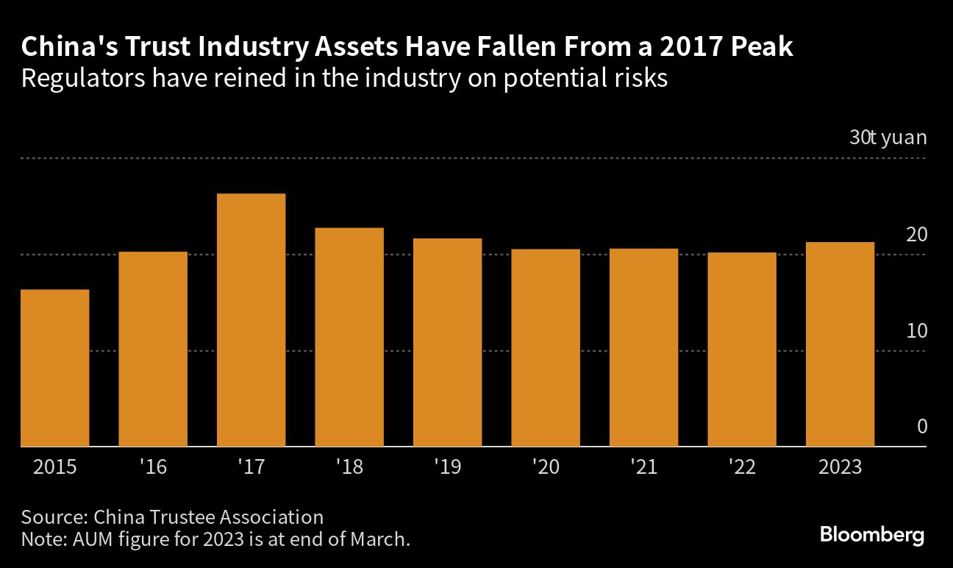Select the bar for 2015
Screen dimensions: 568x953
tap(55, 368)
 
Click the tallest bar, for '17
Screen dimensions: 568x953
tap(251, 320)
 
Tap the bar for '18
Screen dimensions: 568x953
tap(349, 337)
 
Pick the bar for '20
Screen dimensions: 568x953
tap(546, 347)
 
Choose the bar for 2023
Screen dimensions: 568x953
tap(840, 344)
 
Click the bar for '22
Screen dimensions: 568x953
tap(742, 349)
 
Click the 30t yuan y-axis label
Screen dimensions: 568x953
tap(888, 138)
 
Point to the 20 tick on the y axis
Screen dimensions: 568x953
tap(916, 235)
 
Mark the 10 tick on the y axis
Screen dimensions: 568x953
tap(916, 331)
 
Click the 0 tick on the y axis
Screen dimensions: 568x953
tap(921, 427)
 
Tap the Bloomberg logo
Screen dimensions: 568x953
tap(872, 535)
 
